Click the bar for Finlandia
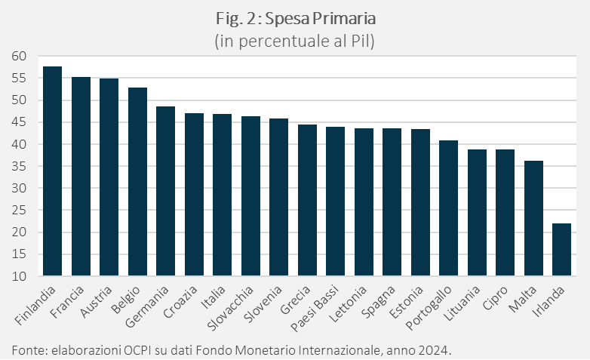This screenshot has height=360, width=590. (52, 171)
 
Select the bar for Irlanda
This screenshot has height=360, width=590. (561, 250)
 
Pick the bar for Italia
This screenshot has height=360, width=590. (222, 195)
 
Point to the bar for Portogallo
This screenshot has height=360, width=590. (448, 208)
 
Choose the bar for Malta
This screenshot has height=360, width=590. (533, 218)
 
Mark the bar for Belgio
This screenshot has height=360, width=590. (137, 182)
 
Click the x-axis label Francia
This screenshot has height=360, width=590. (72, 299)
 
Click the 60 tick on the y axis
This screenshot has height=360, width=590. (19, 56)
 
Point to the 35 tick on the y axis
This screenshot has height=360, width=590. (19, 166)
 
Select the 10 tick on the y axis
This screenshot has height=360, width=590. (19, 277)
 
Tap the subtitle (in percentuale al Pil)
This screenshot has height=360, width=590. (295, 41)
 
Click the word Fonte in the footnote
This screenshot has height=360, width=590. (28, 349)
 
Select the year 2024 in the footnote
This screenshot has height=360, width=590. (435, 349)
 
